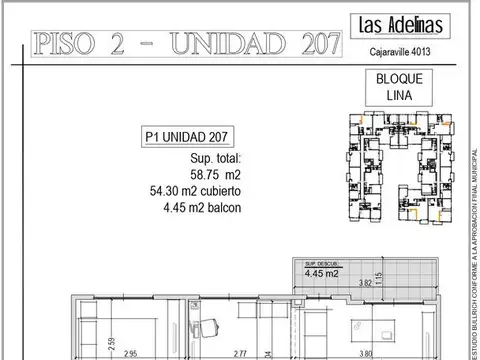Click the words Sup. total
[215, 159]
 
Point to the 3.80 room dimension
[369, 353]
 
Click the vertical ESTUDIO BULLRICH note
[472, 180]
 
